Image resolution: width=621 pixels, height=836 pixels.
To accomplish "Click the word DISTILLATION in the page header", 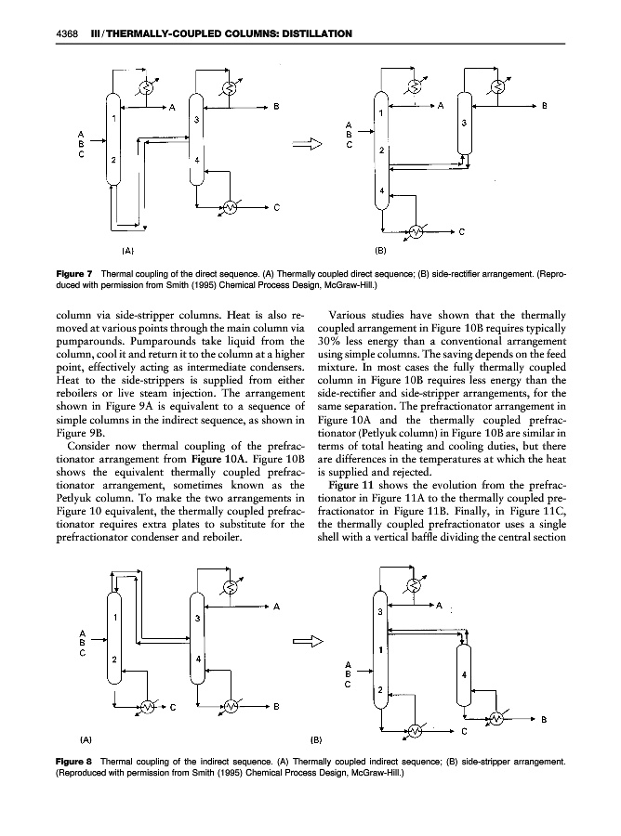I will pos(309,34).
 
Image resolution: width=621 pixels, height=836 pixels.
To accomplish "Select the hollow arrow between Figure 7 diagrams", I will pos(304,144).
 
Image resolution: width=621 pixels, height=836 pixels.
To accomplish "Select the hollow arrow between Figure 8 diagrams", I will pos(307,640).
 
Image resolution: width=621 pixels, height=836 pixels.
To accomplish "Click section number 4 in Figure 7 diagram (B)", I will pos(380,191).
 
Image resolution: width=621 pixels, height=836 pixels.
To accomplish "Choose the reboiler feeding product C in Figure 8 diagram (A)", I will pos(148,706).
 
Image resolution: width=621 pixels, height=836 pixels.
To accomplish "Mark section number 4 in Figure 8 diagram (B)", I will pos(463,676).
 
